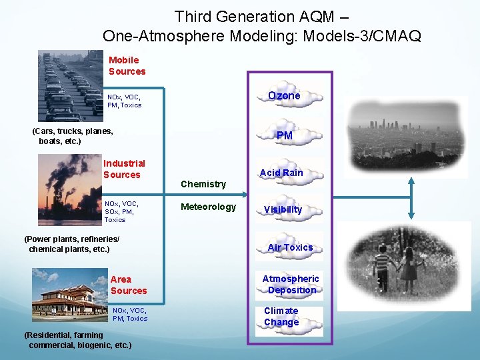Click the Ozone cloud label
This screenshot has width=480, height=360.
[284, 96]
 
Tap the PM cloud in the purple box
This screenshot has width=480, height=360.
[285, 136]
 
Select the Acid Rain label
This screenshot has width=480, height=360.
[281, 173]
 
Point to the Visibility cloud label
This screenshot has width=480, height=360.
[283, 209]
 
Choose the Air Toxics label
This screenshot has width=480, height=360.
[290, 247]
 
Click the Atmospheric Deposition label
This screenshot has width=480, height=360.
[291, 285]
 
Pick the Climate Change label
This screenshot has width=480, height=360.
[281, 317]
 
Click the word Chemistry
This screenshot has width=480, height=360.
[203, 184]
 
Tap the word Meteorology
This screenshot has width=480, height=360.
[209, 207]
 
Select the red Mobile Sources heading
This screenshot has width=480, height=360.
[127, 65]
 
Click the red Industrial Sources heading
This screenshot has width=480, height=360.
[123, 169]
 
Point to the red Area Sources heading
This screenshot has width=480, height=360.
[128, 285]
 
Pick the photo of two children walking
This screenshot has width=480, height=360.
[405, 266]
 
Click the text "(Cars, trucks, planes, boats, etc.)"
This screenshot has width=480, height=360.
[73, 136]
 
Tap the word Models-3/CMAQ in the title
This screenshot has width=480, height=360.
[361, 36]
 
